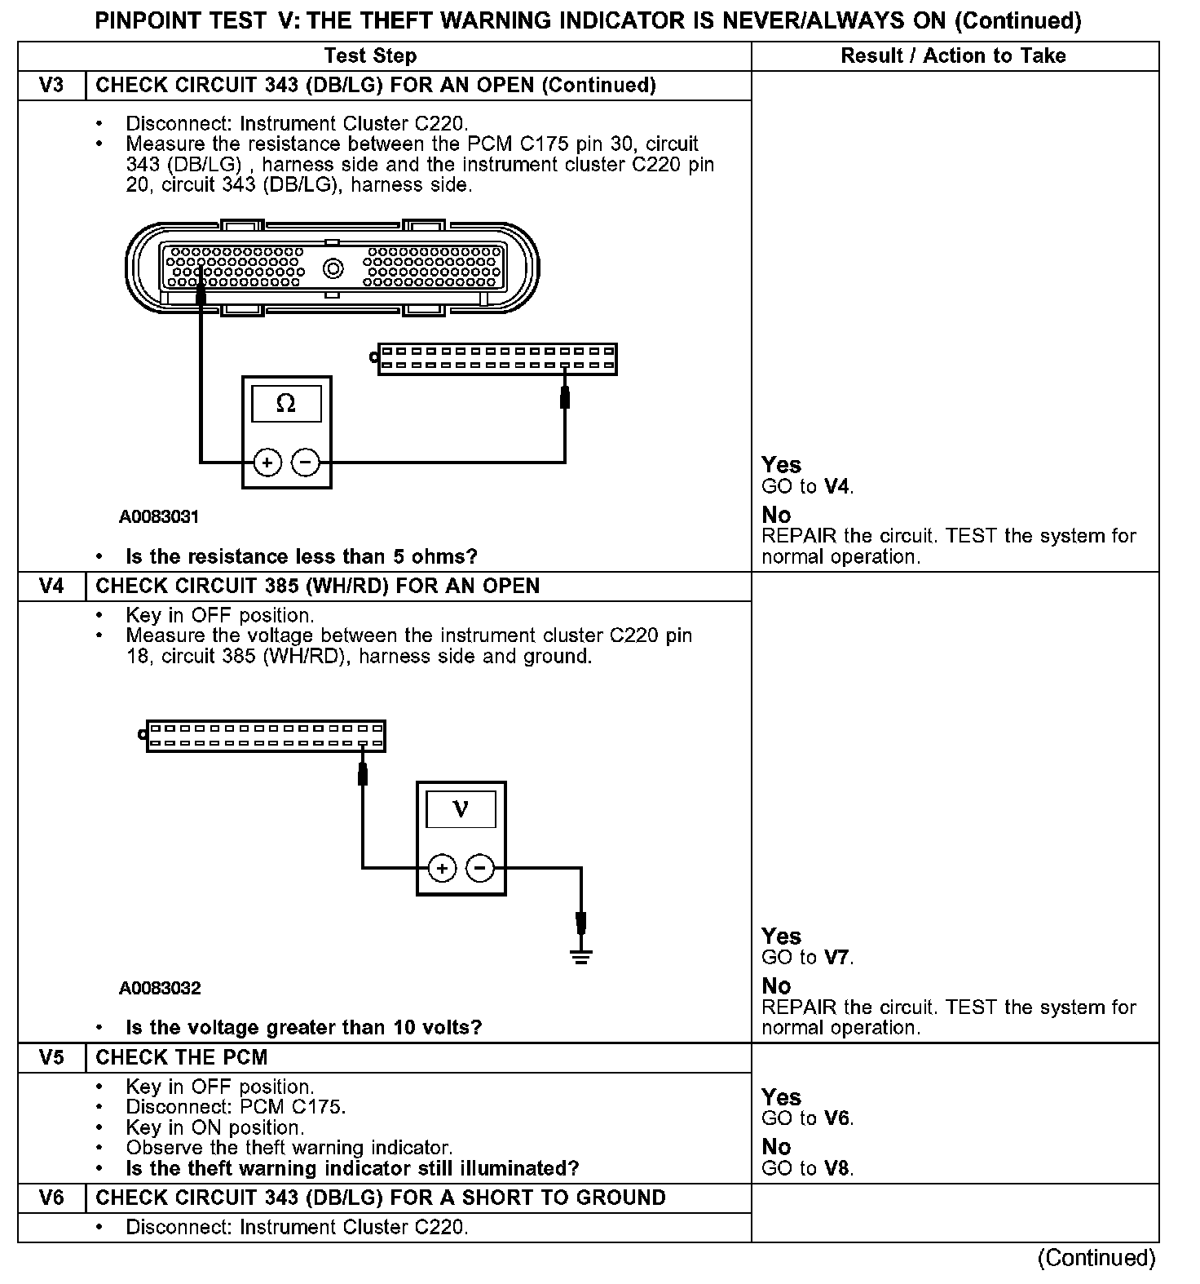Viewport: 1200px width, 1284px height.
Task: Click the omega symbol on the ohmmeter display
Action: [x=286, y=404]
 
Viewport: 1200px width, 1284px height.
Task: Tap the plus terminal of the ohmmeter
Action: [x=267, y=463]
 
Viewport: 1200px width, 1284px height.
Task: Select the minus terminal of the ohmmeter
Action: [x=306, y=463]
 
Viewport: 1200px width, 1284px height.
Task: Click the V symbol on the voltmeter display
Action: [x=461, y=809]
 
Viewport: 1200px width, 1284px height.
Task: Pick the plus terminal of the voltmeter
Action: [x=442, y=869]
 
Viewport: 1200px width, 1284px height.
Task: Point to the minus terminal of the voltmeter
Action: [x=480, y=869]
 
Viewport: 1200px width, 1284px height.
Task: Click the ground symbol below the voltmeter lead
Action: [x=580, y=955]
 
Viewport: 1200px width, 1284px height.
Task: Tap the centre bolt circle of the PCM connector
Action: [x=333, y=268]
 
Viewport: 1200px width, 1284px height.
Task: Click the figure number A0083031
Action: [x=159, y=517]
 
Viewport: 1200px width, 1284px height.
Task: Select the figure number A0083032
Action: [x=160, y=989]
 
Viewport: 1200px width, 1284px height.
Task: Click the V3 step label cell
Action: [x=51, y=86]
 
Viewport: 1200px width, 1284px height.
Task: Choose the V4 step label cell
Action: [x=51, y=587]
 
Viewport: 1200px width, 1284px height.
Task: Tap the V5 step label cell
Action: [x=51, y=1058]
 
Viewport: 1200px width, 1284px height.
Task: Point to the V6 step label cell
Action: [x=51, y=1198]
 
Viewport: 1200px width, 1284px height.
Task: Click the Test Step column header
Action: [x=370, y=56]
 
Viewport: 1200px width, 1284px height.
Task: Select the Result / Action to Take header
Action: [x=953, y=56]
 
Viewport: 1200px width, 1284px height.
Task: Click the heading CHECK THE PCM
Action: [x=182, y=1058]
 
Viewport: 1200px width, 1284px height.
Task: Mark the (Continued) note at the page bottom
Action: [x=1096, y=1258]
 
